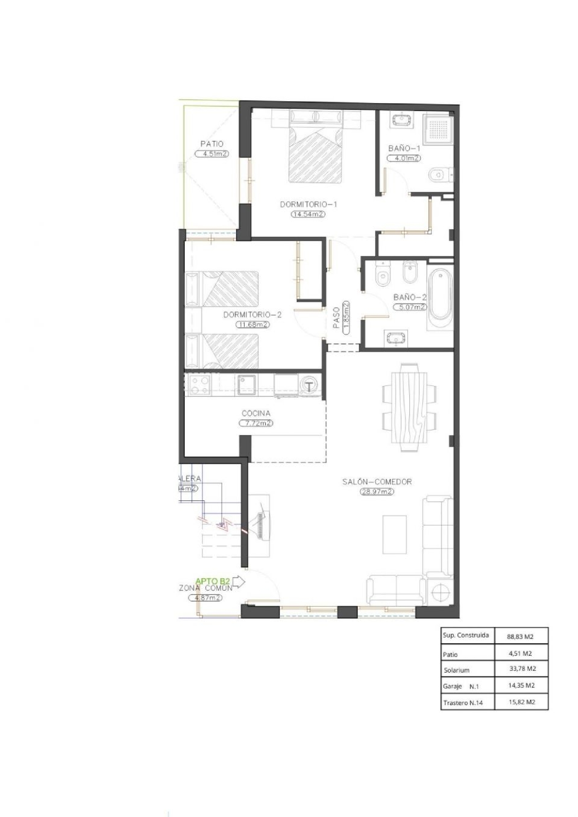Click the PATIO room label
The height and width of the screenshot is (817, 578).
pos(212,144)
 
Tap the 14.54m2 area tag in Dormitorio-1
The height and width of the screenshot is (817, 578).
pos(308,214)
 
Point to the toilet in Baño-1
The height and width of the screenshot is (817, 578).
pos(439,175)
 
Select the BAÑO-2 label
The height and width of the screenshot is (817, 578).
pos(410,297)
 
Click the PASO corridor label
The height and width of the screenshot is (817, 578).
pos(336,317)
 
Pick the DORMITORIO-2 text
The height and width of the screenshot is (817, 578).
pos(252,315)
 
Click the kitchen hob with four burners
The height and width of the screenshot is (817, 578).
pos(198,385)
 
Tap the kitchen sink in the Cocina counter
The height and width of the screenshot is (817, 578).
pos(245,384)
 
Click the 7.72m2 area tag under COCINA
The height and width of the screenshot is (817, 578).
pos(256,423)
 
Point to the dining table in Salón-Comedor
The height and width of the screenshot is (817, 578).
pos(409,407)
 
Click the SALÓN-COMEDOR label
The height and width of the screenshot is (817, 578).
pos(377,482)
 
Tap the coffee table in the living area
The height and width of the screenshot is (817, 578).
pos(395,535)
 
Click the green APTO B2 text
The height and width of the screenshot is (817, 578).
pos(213,581)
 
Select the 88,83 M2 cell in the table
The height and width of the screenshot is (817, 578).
pos(520,637)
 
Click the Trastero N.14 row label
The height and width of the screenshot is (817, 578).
pos(463,703)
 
